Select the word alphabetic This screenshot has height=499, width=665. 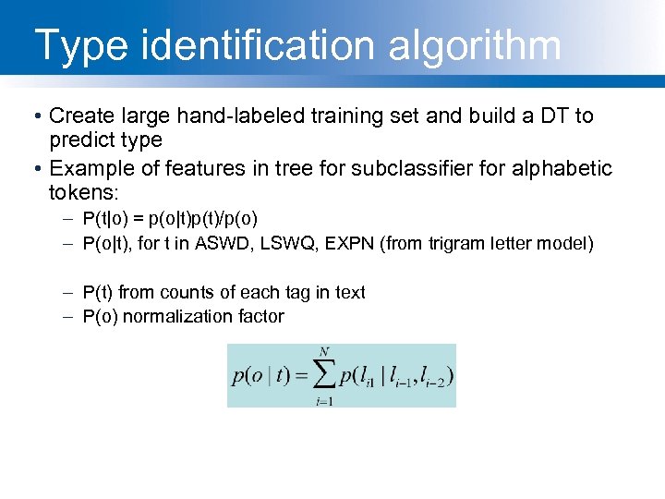(x=558, y=168)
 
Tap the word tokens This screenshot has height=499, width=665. (x=84, y=192)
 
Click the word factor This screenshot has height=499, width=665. (x=260, y=316)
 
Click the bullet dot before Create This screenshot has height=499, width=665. (x=34, y=116)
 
